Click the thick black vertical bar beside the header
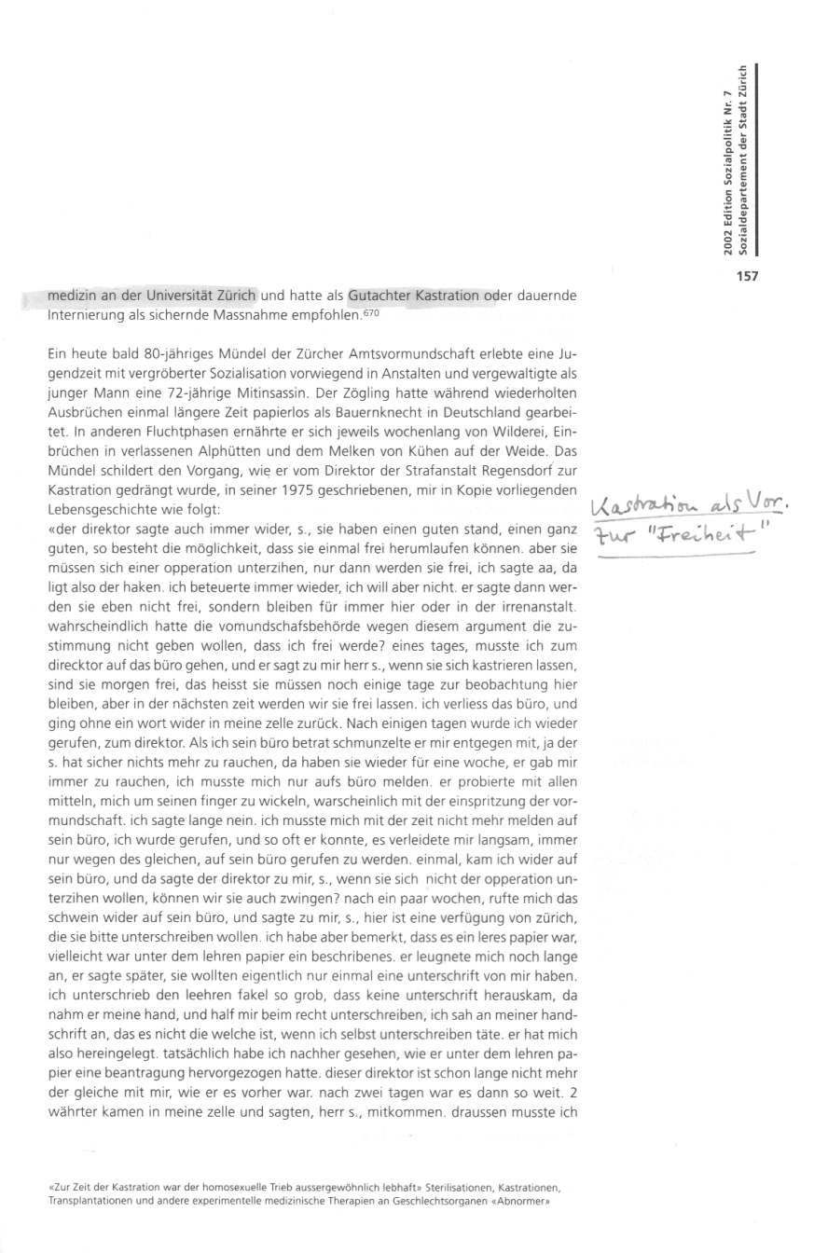[x=756, y=158]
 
